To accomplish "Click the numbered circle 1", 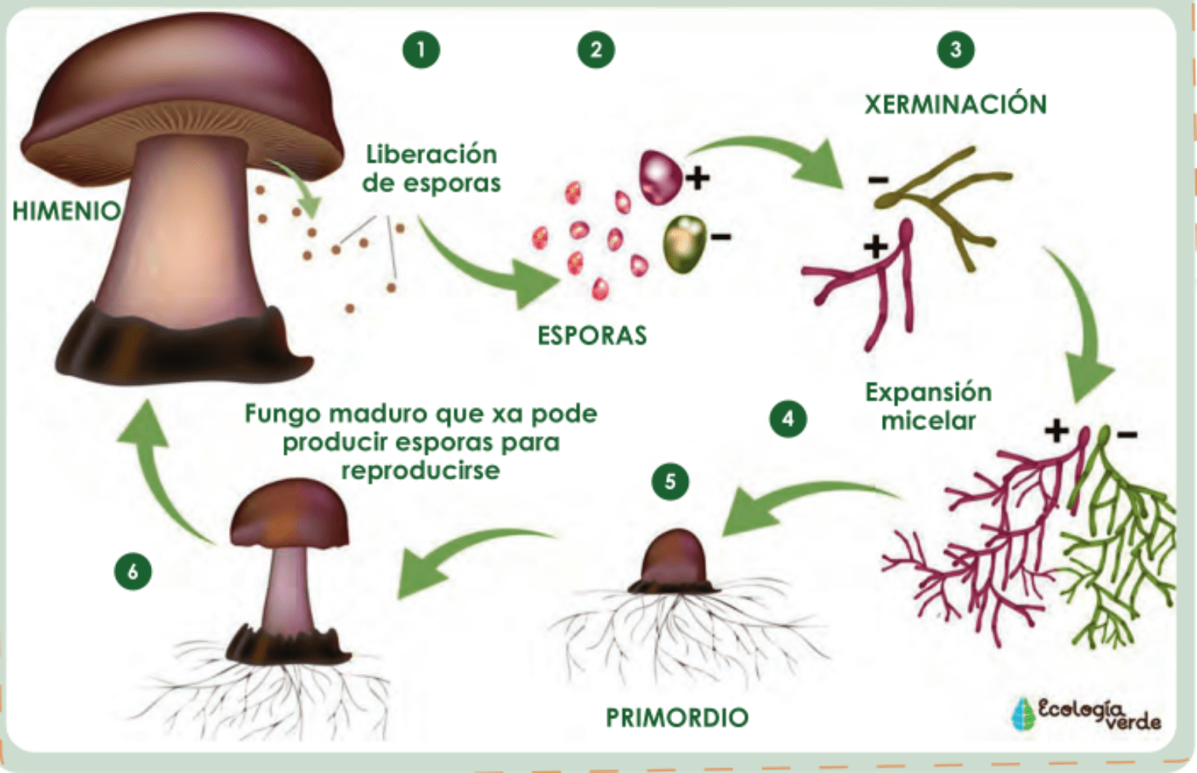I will click(x=421, y=50).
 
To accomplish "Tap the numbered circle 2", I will click(x=595, y=50).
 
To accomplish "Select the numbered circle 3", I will click(x=955, y=50).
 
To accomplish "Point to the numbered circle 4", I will click(x=787, y=419).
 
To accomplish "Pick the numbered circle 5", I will click(x=670, y=481).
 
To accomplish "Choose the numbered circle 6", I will click(x=133, y=571).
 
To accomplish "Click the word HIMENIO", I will click(x=66, y=211).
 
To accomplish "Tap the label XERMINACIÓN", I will click(x=955, y=104).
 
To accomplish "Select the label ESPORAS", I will click(x=592, y=335).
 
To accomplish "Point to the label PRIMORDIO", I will click(x=677, y=717).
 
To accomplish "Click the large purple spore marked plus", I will click(x=659, y=177).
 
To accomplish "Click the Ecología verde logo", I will click(x=1086, y=714).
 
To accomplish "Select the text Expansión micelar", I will click(x=928, y=406).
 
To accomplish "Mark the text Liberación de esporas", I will click(x=431, y=168).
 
